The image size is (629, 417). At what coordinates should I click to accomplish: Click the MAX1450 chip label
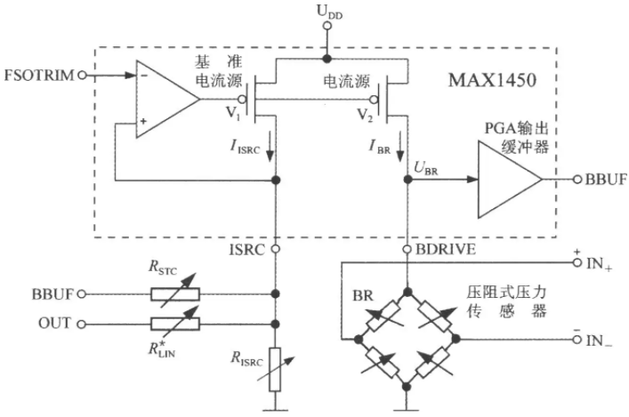[x=492, y=80]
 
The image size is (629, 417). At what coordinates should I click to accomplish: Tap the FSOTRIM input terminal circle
[x=82, y=75]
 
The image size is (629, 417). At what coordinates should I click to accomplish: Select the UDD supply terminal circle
[x=327, y=26]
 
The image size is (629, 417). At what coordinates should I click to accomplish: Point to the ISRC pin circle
[x=275, y=249]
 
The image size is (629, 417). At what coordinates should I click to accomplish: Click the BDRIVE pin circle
[x=407, y=249]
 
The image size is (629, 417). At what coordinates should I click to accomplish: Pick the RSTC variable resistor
[x=175, y=294]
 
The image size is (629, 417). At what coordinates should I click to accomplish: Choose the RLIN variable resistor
[x=175, y=324]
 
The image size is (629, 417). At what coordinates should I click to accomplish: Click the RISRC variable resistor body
[x=275, y=369]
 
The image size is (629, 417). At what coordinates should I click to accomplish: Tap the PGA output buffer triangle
[x=510, y=180]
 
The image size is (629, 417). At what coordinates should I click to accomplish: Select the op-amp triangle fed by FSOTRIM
[x=167, y=100]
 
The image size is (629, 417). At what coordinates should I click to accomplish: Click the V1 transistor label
[x=233, y=113]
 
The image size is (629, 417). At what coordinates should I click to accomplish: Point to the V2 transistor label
[x=365, y=116]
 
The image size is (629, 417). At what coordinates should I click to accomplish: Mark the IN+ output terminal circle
[x=577, y=262]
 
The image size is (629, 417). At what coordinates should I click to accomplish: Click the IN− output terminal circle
[x=577, y=340]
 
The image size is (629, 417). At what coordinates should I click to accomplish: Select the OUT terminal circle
[x=82, y=324]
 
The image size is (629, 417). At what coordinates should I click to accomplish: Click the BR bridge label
[x=363, y=296]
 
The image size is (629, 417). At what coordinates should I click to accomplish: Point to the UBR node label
[x=425, y=168]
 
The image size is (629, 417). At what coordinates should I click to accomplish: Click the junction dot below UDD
[x=327, y=59]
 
